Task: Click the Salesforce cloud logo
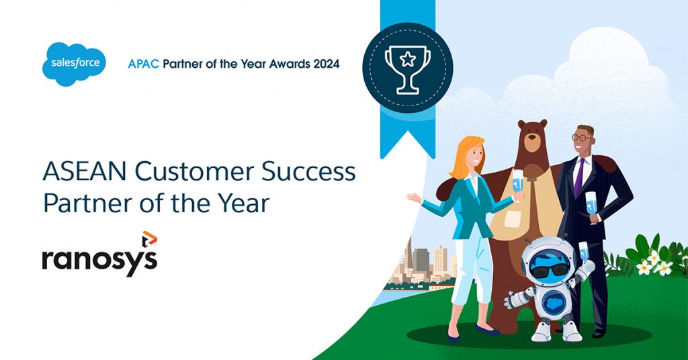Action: click(74, 64)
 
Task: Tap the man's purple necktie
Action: click(579, 176)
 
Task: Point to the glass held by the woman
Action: click(517, 185)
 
